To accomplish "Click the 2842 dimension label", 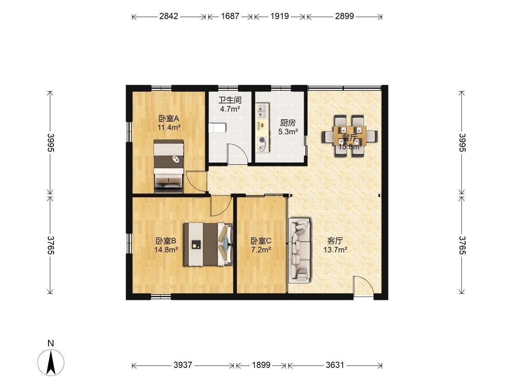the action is click(169, 16).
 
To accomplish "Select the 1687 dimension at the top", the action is click(230, 16).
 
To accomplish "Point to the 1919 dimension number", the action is click(279, 16).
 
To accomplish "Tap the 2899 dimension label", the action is click(344, 16).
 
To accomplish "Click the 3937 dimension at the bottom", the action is click(182, 364).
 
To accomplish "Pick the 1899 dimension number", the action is click(261, 364).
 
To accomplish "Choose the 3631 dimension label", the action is click(335, 364).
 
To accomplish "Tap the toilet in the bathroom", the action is click(217, 128).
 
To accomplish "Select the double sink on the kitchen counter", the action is click(262, 110).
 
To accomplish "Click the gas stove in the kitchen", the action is click(262, 144).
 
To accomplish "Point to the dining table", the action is click(350, 135).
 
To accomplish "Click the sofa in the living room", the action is click(300, 251).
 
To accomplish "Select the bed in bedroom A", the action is click(168, 166).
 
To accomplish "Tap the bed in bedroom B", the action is click(208, 244).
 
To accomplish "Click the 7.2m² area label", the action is click(261, 250).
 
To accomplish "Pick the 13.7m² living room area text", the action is click(335, 250).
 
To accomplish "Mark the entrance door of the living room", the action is click(363, 286).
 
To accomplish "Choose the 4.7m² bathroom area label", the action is click(230, 109).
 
